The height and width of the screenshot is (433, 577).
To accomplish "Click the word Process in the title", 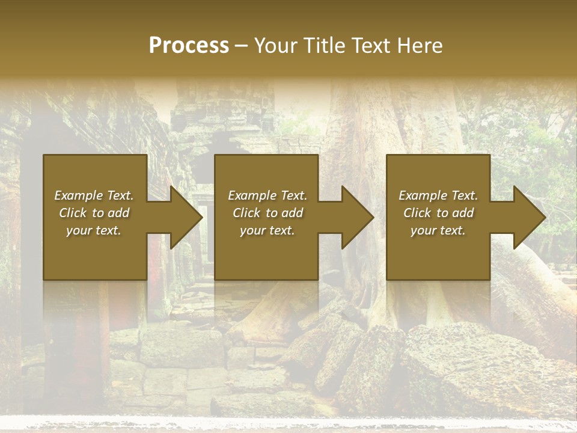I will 189,46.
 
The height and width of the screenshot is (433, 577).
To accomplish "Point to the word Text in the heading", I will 370,46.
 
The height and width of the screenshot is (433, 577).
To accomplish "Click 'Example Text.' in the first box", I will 94,195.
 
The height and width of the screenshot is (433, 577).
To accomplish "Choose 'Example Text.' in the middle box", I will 267,195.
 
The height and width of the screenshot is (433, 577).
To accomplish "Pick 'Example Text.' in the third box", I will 438,195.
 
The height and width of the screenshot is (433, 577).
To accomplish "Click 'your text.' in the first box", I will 94,230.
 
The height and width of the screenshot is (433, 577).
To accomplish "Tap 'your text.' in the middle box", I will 267,230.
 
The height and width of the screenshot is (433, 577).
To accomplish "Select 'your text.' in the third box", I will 438,230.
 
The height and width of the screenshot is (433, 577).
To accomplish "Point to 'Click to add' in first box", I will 94,213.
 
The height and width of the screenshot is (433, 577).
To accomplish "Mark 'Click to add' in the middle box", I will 267,213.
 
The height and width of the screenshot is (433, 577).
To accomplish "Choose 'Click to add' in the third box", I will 438,213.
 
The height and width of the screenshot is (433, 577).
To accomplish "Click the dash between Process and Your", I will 241,46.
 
